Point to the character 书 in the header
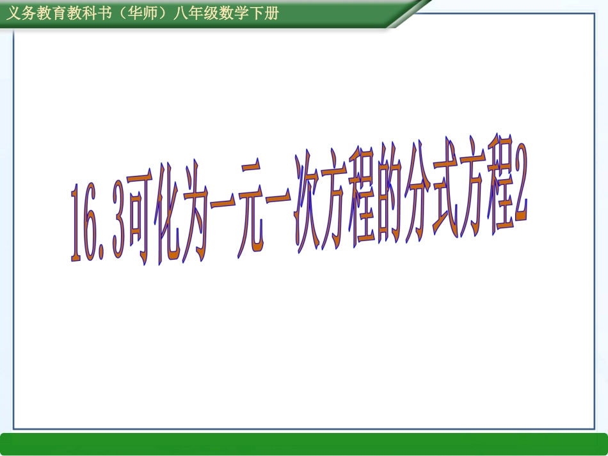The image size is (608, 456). click(x=96, y=13)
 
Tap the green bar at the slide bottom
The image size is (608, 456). click(x=304, y=443)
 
